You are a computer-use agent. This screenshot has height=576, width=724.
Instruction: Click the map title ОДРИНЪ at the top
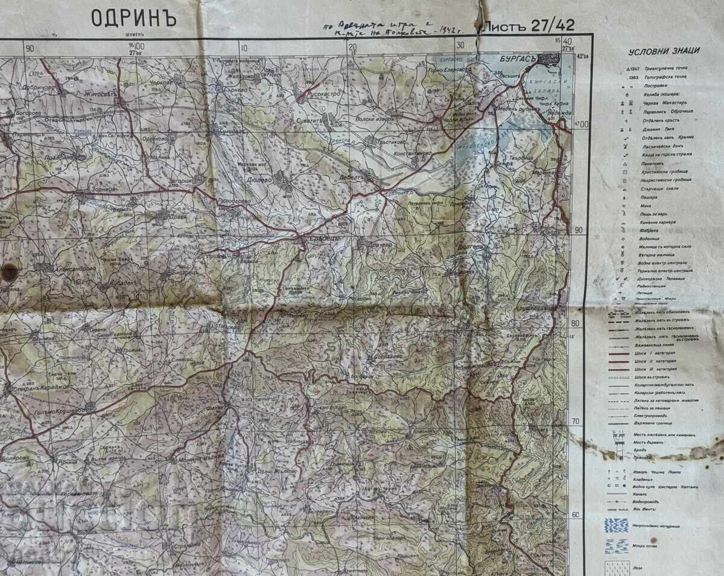133,18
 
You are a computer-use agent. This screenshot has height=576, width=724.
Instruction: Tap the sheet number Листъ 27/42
527,25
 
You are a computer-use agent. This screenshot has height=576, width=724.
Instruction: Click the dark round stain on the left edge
9,273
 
